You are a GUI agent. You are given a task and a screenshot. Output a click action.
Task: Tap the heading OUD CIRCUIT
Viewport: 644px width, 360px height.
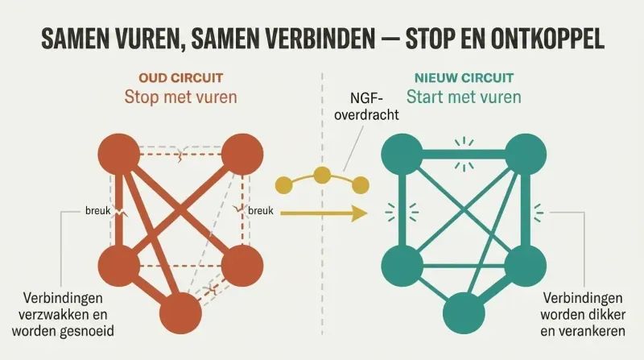click(180, 77)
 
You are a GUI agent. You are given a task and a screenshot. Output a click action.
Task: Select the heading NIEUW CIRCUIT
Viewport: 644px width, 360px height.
click(464, 77)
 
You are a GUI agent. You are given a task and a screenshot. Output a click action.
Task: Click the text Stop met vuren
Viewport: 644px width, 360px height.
click(180, 97)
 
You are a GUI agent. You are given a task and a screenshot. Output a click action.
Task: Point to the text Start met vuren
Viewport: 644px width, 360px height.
click(464, 97)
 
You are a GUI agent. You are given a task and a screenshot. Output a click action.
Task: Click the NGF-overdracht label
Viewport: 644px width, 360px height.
click(366, 106)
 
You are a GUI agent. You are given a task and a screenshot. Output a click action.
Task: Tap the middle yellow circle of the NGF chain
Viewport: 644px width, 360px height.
click(322, 175)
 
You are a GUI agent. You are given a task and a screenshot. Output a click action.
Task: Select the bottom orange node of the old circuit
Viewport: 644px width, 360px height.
click(180, 313)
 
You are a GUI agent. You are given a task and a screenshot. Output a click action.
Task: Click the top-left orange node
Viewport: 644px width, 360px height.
click(119, 154)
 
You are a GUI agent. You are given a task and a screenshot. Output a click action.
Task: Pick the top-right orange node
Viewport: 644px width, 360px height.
click(242, 154)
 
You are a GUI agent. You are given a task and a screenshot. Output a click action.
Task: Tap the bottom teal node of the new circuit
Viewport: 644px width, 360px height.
click(464, 313)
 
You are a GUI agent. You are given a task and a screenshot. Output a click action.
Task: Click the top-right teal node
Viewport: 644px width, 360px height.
click(526, 154)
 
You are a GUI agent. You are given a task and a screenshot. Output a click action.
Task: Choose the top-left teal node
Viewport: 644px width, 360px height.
click(402, 154)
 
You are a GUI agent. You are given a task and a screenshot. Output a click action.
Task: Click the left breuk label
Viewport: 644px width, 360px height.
click(97, 211)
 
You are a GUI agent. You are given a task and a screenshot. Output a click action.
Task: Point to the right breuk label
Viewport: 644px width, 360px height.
click(261, 211)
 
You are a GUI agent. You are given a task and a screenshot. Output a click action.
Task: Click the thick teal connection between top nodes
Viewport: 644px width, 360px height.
click(464, 155)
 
